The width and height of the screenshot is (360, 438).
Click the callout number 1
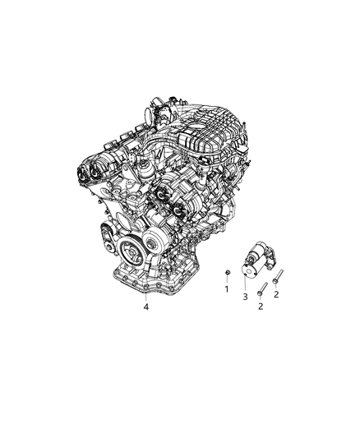click(x=226, y=289)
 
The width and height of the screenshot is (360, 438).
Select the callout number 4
click(x=145, y=307)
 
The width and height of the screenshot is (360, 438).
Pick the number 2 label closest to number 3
click(x=261, y=307)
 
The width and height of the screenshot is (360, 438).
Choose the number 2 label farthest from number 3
click(x=276, y=293)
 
